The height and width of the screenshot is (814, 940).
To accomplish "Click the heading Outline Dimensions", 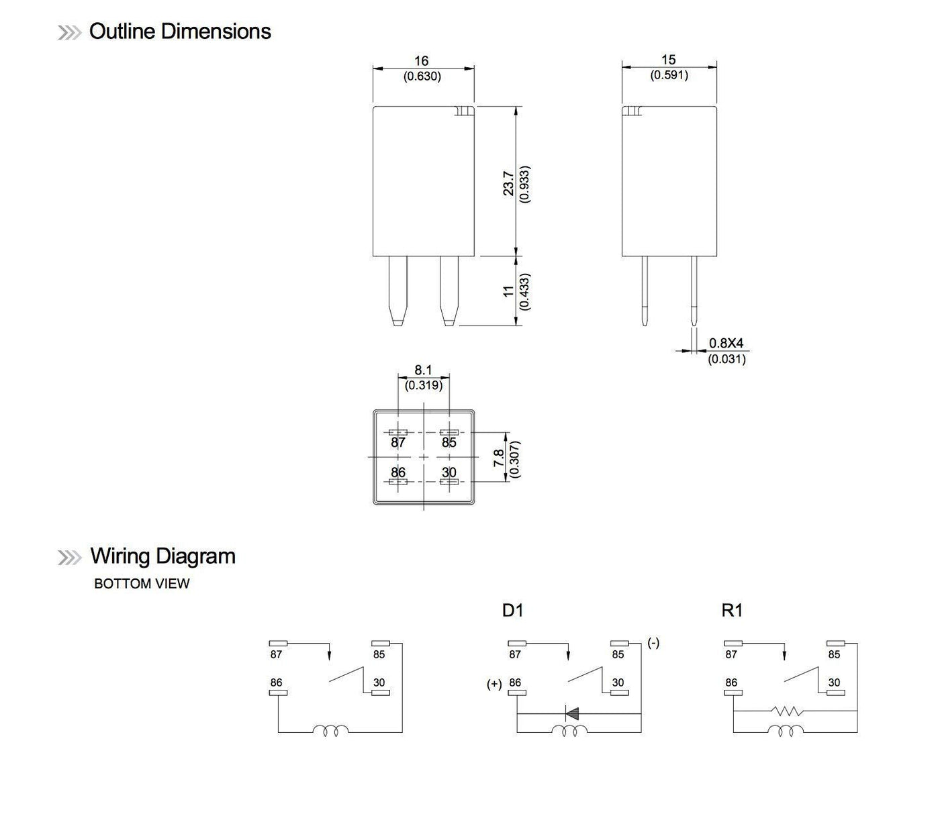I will click(179, 32).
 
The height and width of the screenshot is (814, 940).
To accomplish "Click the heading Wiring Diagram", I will click(162, 556).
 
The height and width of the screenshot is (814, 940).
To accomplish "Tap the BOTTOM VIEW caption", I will click(142, 584).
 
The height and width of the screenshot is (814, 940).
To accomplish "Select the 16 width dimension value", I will click(422, 61).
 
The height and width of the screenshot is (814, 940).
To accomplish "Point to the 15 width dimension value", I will click(668, 60).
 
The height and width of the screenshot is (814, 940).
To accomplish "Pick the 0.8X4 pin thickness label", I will click(726, 344).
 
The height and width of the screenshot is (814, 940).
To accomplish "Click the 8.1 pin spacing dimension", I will click(423, 370).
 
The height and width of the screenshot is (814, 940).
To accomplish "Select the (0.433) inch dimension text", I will click(525, 291).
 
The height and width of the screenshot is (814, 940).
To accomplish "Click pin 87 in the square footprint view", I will click(398, 442).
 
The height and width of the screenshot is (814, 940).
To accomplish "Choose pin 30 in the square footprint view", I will click(449, 473).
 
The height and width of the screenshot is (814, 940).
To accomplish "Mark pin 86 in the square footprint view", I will click(398, 472).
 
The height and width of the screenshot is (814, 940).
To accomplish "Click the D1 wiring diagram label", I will click(512, 611).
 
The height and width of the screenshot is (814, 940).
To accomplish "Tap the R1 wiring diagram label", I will click(732, 611).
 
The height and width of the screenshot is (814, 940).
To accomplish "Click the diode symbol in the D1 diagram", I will click(573, 713).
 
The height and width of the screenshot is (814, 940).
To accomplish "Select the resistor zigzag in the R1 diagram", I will click(786, 711).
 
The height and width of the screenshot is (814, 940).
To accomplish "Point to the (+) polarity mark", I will click(494, 684).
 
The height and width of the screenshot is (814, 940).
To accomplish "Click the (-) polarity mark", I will click(653, 643).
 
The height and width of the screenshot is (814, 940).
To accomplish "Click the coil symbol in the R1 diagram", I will click(786, 731).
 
